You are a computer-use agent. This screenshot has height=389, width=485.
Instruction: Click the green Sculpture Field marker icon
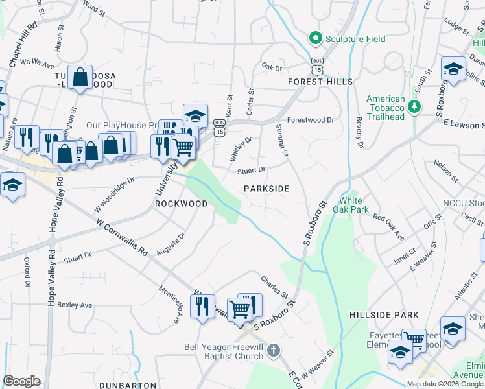click(316, 38)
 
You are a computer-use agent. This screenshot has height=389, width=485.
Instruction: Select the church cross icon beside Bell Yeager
click(274, 351)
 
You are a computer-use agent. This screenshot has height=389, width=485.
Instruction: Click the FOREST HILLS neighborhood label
click(321, 82)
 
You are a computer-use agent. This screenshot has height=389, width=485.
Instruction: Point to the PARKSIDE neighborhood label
click(266, 188)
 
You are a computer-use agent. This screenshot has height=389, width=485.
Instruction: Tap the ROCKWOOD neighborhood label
click(181, 204)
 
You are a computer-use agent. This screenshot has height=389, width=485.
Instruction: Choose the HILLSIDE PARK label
click(384, 315)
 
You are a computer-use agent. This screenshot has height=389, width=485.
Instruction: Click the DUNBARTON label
click(126, 384)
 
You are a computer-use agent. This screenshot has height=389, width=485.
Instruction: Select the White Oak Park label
click(350, 205)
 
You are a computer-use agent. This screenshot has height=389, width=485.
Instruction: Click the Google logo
click(21, 381)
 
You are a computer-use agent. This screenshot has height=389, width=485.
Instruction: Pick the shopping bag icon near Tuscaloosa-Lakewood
click(80, 77)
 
